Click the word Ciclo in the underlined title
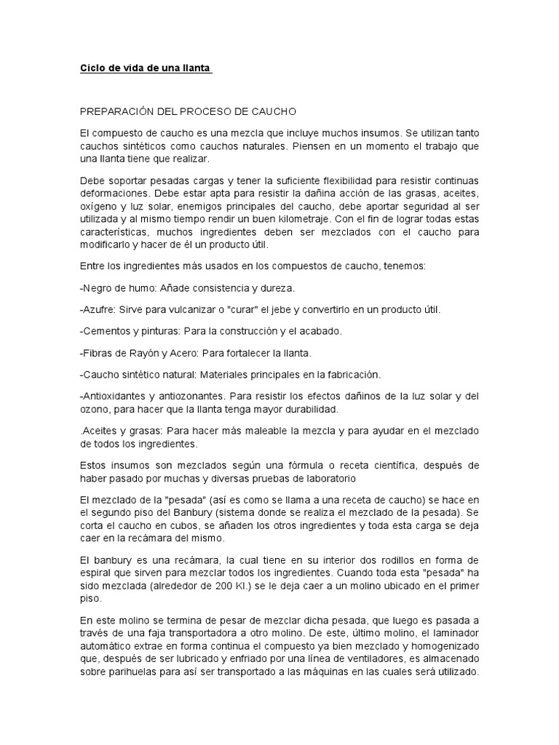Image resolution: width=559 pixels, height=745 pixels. point(92,69)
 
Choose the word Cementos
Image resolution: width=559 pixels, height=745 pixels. point(108,331)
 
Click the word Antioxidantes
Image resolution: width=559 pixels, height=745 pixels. point(114,397)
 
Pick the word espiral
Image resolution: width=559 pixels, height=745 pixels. point(96,573)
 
